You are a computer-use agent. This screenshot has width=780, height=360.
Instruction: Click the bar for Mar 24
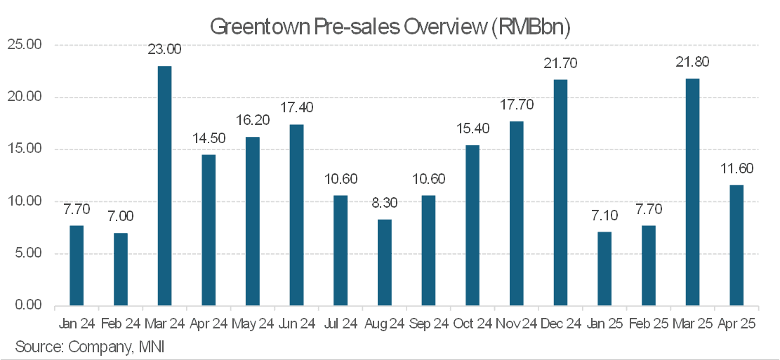[x=164, y=186]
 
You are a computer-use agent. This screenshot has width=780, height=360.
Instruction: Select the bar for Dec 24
[x=560, y=193]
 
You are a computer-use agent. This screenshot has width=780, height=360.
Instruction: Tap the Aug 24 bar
[x=384, y=262]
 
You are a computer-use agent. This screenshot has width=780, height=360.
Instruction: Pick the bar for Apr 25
[x=736, y=245]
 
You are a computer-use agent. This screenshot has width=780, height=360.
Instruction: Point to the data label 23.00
[x=164, y=49]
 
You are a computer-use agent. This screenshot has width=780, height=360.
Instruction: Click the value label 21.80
[x=692, y=62]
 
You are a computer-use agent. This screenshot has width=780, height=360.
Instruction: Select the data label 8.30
[x=384, y=203]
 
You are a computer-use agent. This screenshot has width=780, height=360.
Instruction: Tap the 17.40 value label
[x=296, y=107]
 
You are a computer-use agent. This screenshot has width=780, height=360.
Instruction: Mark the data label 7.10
[x=604, y=215]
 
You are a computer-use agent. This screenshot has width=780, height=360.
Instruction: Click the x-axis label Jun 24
[x=296, y=324]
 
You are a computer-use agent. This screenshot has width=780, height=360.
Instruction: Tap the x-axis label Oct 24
[x=472, y=324]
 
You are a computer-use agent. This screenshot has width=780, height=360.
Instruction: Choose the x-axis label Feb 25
[x=648, y=324]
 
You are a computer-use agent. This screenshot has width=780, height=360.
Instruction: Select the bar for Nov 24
[x=516, y=214]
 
